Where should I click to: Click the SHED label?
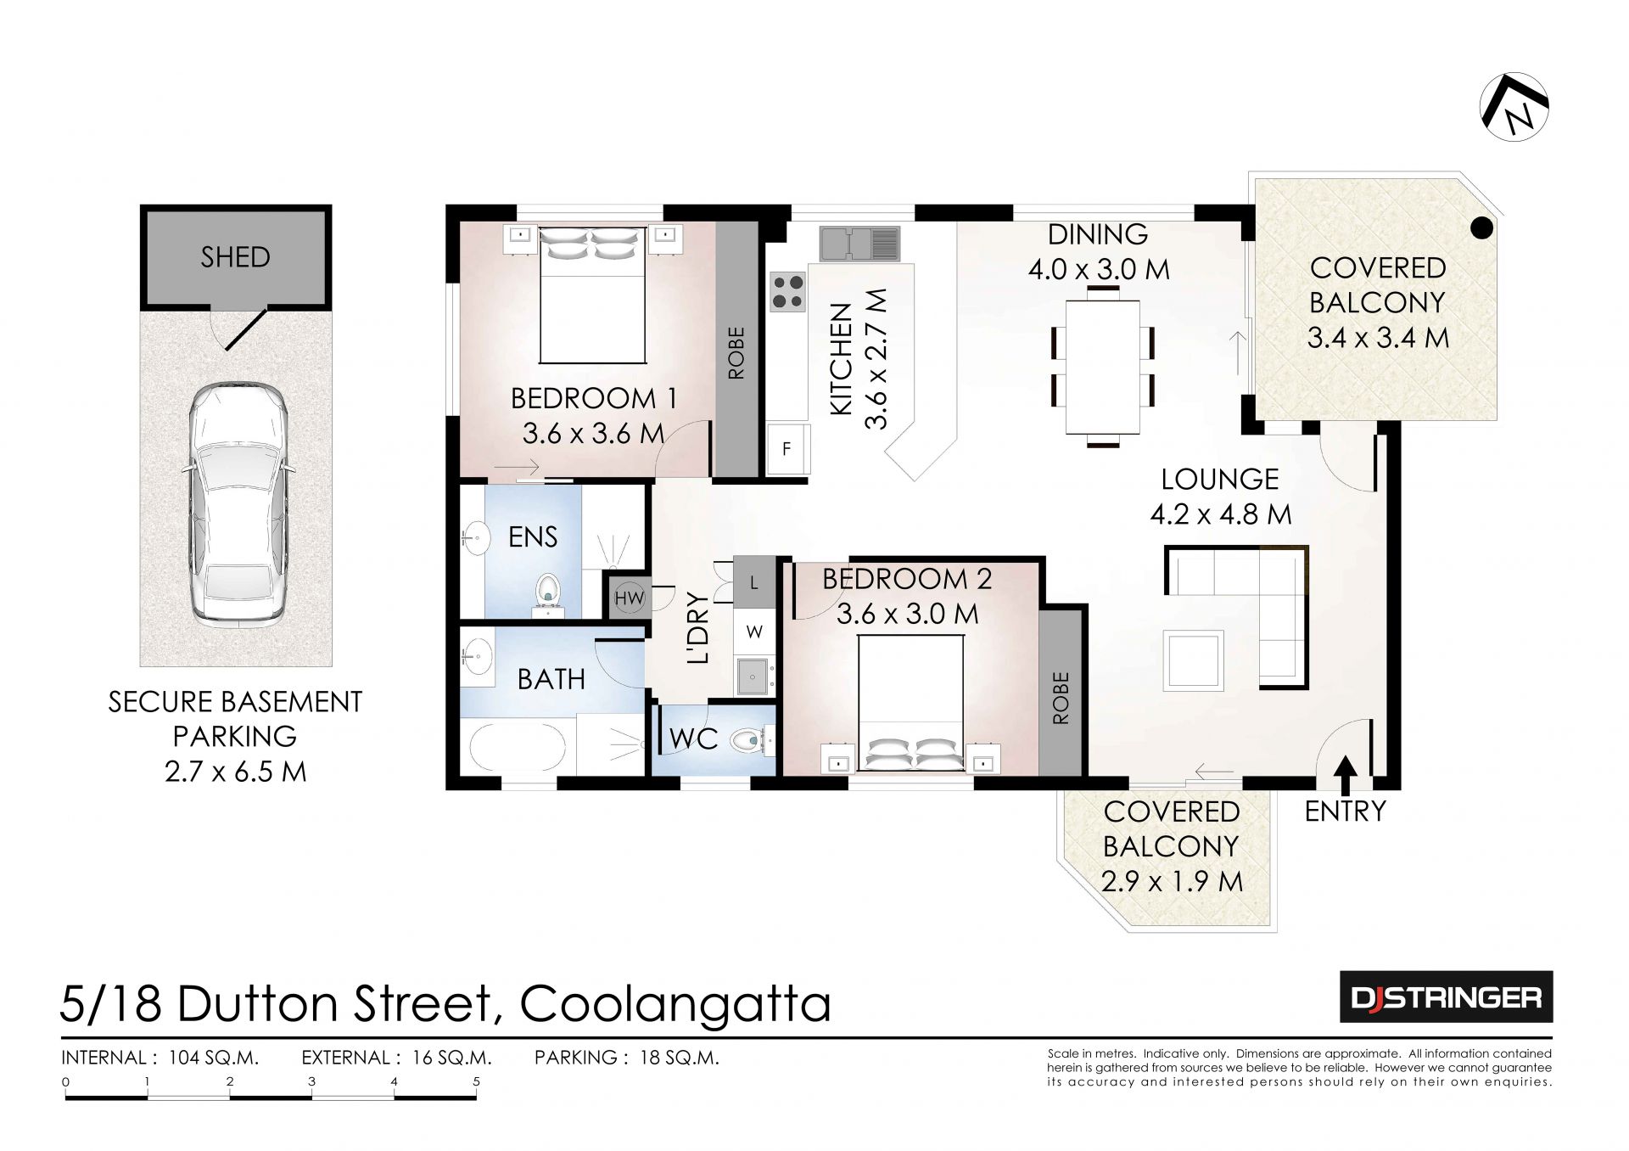[x=235, y=256]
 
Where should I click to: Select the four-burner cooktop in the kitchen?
[x=788, y=291]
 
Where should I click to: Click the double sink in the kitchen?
[x=859, y=243]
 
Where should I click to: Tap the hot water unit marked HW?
[x=629, y=598]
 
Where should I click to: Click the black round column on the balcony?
[x=1481, y=227]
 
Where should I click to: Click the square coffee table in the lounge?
[x=1194, y=660]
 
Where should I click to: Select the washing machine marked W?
[x=754, y=632]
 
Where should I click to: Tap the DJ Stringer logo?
[x=1447, y=997]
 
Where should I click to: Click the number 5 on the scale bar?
[x=476, y=1081]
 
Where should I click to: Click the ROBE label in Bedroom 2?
[x=1061, y=698]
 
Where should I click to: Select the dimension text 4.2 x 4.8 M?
[x=1221, y=514]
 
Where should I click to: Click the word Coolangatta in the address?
[x=675, y=1003]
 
